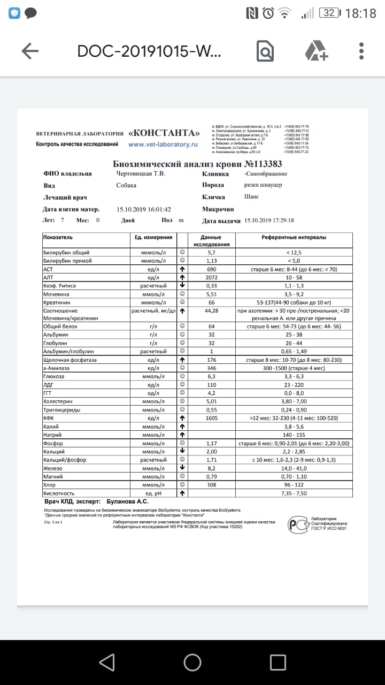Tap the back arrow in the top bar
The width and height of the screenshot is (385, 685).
[30, 51]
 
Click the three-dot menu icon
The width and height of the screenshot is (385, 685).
[362, 51]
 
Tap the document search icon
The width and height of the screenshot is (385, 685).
[265, 51]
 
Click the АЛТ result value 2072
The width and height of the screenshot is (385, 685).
[211, 277]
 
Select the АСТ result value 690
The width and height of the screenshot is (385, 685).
[211, 269]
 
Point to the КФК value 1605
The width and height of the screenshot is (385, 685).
[211, 418]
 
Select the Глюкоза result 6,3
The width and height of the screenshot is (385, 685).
[211, 376]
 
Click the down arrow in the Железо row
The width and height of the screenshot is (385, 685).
[182, 468]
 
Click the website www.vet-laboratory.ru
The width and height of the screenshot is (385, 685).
[163, 144]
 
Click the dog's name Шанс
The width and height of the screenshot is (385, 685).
[251, 196]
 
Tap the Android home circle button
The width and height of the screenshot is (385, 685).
[192, 663]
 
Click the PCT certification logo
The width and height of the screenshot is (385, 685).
[298, 524]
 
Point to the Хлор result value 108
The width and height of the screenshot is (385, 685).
[211, 485]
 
